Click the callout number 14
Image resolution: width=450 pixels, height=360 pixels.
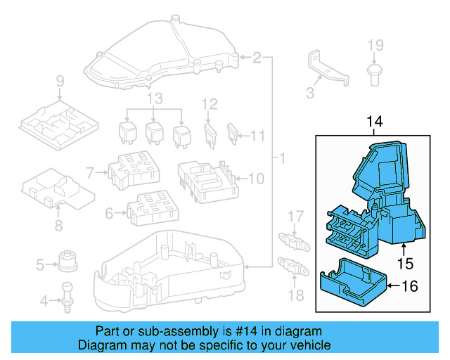(375, 122)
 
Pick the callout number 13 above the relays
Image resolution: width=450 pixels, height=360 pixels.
(154, 97)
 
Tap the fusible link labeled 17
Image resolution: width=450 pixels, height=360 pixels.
(296, 239)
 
